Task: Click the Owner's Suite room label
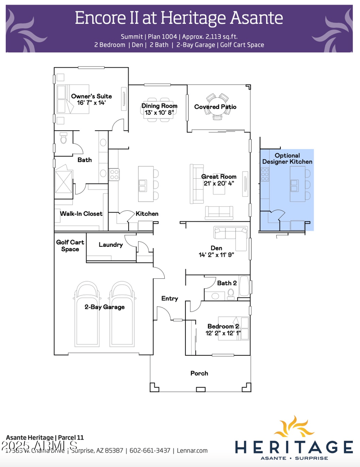point(91,96)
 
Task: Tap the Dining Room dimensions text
point(159,113)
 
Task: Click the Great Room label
point(218,177)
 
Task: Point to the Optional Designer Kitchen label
point(287,159)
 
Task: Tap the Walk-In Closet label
point(81,214)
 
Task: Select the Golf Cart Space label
point(70,245)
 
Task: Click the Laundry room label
point(111,245)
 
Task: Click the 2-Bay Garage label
point(104,307)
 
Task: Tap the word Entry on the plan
point(170,299)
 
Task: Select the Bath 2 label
point(227,283)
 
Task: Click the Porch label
point(199,373)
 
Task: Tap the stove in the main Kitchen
point(114,174)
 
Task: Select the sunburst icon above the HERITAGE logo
point(293,428)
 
